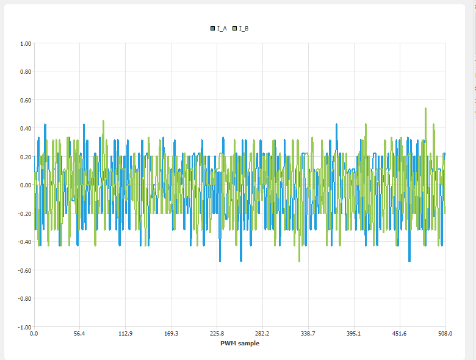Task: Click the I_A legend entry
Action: tap(222, 29)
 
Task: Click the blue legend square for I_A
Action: tap(213, 29)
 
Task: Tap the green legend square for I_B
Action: tap(235, 29)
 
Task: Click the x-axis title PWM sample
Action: tap(239, 343)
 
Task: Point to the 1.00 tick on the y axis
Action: tap(25, 43)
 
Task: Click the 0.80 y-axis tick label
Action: tap(25, 71)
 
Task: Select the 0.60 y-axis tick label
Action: tap(25, 100)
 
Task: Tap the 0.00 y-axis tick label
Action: tap(25, 185)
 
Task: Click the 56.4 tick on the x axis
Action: tap(79, 334)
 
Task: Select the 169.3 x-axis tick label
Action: tap(171, 334)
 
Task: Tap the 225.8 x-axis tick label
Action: tap(217, 334)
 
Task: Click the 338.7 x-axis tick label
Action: tap(308, 334)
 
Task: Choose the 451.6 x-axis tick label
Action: tap(400, 334)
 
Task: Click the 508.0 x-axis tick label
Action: tap(445, 334)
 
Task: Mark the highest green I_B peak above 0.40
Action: tap(425, 109)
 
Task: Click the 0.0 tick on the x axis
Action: tap(34, 334)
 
